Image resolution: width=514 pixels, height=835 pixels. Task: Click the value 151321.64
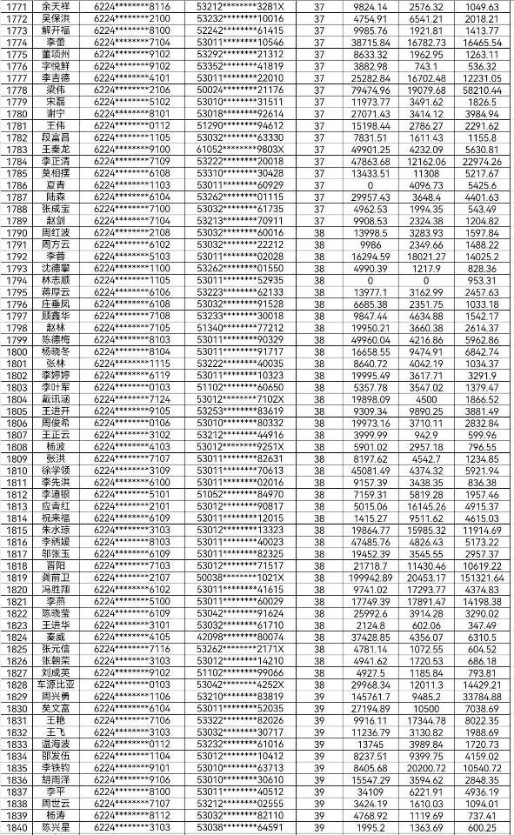click(481, 577)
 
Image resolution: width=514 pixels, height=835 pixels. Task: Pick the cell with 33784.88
click(481, 695)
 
